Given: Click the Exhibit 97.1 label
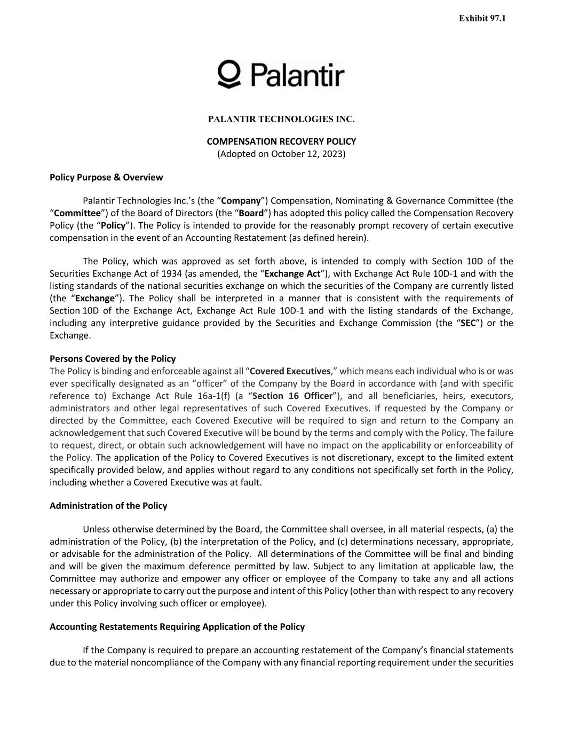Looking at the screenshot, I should (482, 18).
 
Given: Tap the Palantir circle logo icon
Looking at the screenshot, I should (229, 73).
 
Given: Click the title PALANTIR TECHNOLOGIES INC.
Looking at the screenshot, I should (281, 119).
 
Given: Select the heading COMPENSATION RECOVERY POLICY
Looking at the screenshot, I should (281, 142).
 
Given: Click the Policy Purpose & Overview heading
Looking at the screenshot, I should (106, 177).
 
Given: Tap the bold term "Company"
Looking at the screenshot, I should (241, 201).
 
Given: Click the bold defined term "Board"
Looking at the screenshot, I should (251, 213).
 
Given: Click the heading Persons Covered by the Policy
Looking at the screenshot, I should (113, 358).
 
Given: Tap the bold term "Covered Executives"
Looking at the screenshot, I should (290, 371).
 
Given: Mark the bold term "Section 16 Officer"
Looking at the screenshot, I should (292, 396).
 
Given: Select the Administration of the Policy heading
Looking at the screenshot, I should (108, 506).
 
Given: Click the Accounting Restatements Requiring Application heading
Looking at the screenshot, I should (177, 626).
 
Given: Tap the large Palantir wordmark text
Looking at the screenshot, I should (297, 74).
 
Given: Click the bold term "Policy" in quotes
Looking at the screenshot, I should (113, 225).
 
